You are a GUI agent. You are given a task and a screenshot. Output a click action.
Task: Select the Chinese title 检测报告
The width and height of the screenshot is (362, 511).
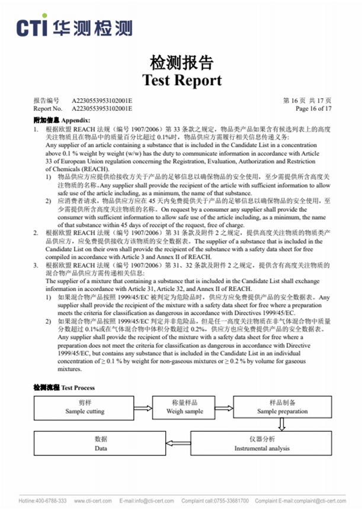pyautogui.click(x=182, y=63)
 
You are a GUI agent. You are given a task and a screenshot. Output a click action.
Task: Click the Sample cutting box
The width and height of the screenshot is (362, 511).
pyautogui.click(x=84, y=407)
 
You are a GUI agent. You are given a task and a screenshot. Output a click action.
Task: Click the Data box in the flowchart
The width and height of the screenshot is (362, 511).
pyautogui.click(x=101, y=444)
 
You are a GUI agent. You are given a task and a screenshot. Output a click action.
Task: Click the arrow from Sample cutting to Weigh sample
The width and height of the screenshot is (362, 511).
pyautogui.click(x=143, y=407)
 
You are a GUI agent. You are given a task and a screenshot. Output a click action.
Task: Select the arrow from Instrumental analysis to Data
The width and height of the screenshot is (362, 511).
pyautogui.click(x=178, y=444)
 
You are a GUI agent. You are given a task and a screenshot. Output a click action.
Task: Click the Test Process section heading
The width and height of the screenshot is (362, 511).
pyautogui.click(x=63, y=388)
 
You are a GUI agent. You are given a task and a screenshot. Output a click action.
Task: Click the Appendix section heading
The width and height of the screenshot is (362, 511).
pyautogui.click(x=62, y=119)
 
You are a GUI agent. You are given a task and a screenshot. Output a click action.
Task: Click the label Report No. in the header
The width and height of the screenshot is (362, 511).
pyautogui.click(x=47, y=109)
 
